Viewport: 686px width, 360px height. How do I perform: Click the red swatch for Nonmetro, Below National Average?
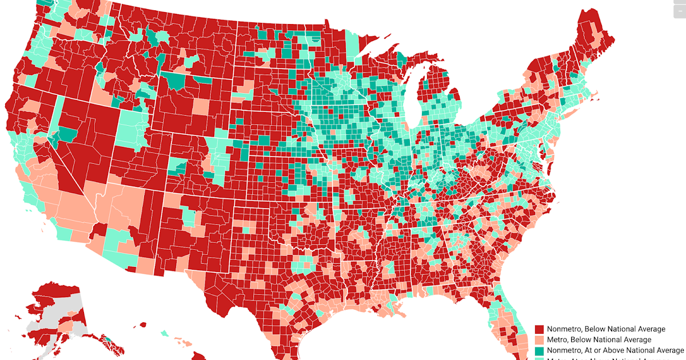point(539,329)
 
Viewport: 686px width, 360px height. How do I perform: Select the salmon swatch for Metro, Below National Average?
point(539,340)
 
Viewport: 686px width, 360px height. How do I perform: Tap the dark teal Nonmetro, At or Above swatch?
point(539,350)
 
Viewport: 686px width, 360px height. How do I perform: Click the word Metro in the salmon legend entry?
point(557,340)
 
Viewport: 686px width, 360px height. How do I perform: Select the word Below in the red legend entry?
point(600,329)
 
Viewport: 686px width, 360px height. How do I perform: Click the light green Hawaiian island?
point(165,333)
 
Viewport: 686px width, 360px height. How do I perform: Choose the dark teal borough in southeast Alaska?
point(108,340)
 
